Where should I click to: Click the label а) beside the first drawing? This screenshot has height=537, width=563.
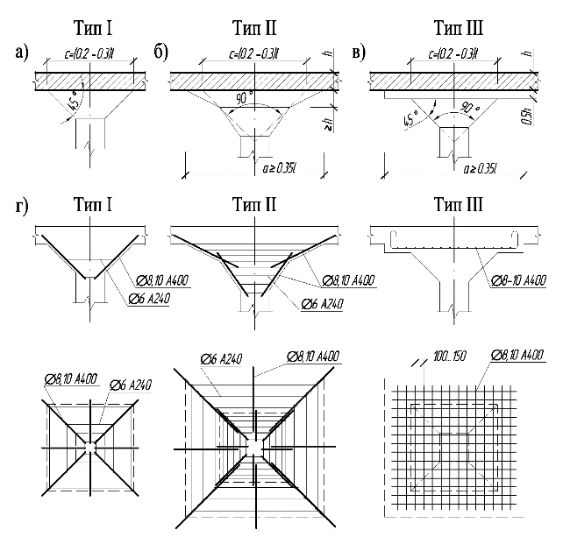(x=22, y=53)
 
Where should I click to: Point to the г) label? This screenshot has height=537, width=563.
(x=21, y=208)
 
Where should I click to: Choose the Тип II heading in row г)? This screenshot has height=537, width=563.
(x=254, y=207)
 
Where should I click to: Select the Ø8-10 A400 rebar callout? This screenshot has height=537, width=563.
(x=517, y=279)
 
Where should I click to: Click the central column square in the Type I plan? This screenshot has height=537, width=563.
(x=90, y=446)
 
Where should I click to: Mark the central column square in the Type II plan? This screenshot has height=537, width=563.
(x=253, y=446)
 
